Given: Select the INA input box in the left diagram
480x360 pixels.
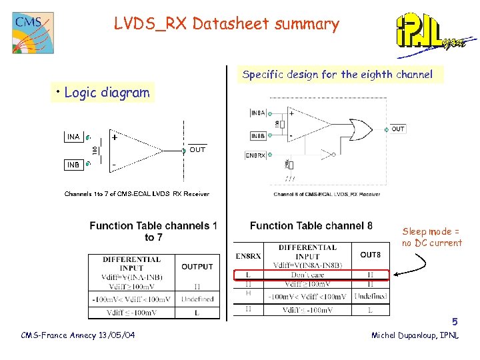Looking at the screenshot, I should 73,137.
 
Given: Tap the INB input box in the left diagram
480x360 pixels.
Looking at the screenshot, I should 73,164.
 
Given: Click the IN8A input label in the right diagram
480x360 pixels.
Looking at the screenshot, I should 258,113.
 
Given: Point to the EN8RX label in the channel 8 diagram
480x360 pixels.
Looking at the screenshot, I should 255,156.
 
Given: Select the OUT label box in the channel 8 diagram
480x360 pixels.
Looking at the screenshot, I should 397,129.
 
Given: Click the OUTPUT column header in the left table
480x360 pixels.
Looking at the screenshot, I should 197,267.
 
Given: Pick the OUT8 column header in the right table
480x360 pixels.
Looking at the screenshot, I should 370,255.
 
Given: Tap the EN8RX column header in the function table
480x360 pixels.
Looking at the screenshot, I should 248,255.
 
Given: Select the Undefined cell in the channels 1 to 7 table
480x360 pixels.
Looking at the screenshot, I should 197,299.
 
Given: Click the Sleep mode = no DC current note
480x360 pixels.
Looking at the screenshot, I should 431,237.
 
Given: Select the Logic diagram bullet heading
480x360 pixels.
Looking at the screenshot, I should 103,93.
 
